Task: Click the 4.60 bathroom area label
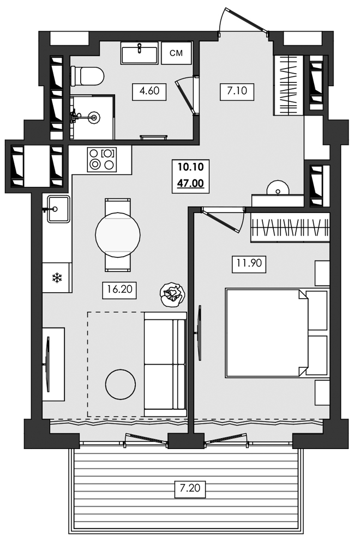(x=149, y=91)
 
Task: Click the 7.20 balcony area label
(x=191, y=489)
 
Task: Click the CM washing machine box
(x=176, y=53)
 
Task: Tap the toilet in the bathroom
(x=87, y=76)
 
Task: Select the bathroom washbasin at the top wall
(x=139, y=53)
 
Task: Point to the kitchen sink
(x=57, y=209)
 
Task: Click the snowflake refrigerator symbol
(x=56, y=278)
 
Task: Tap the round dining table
(x=118, y=235)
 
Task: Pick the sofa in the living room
(x=165, y=364)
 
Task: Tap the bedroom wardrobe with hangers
(x=290, y=227)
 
